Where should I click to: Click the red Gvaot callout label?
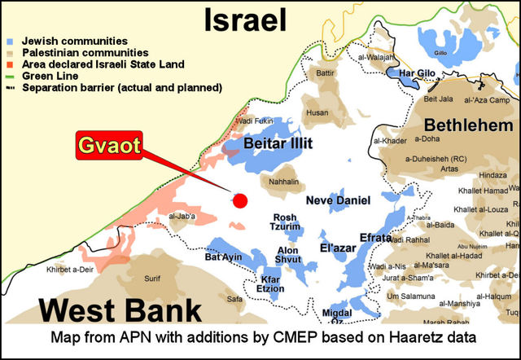[109, 147]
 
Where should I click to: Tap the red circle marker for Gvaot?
[239, 200]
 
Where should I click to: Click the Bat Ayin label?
[223, 257]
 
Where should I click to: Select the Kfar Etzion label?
[275, 283]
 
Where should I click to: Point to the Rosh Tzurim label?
[287, 222]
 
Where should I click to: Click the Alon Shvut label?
[288, 255]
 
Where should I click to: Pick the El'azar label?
[335, 247]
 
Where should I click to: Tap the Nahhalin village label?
[283, 183]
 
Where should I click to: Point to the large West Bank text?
[120, 310]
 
